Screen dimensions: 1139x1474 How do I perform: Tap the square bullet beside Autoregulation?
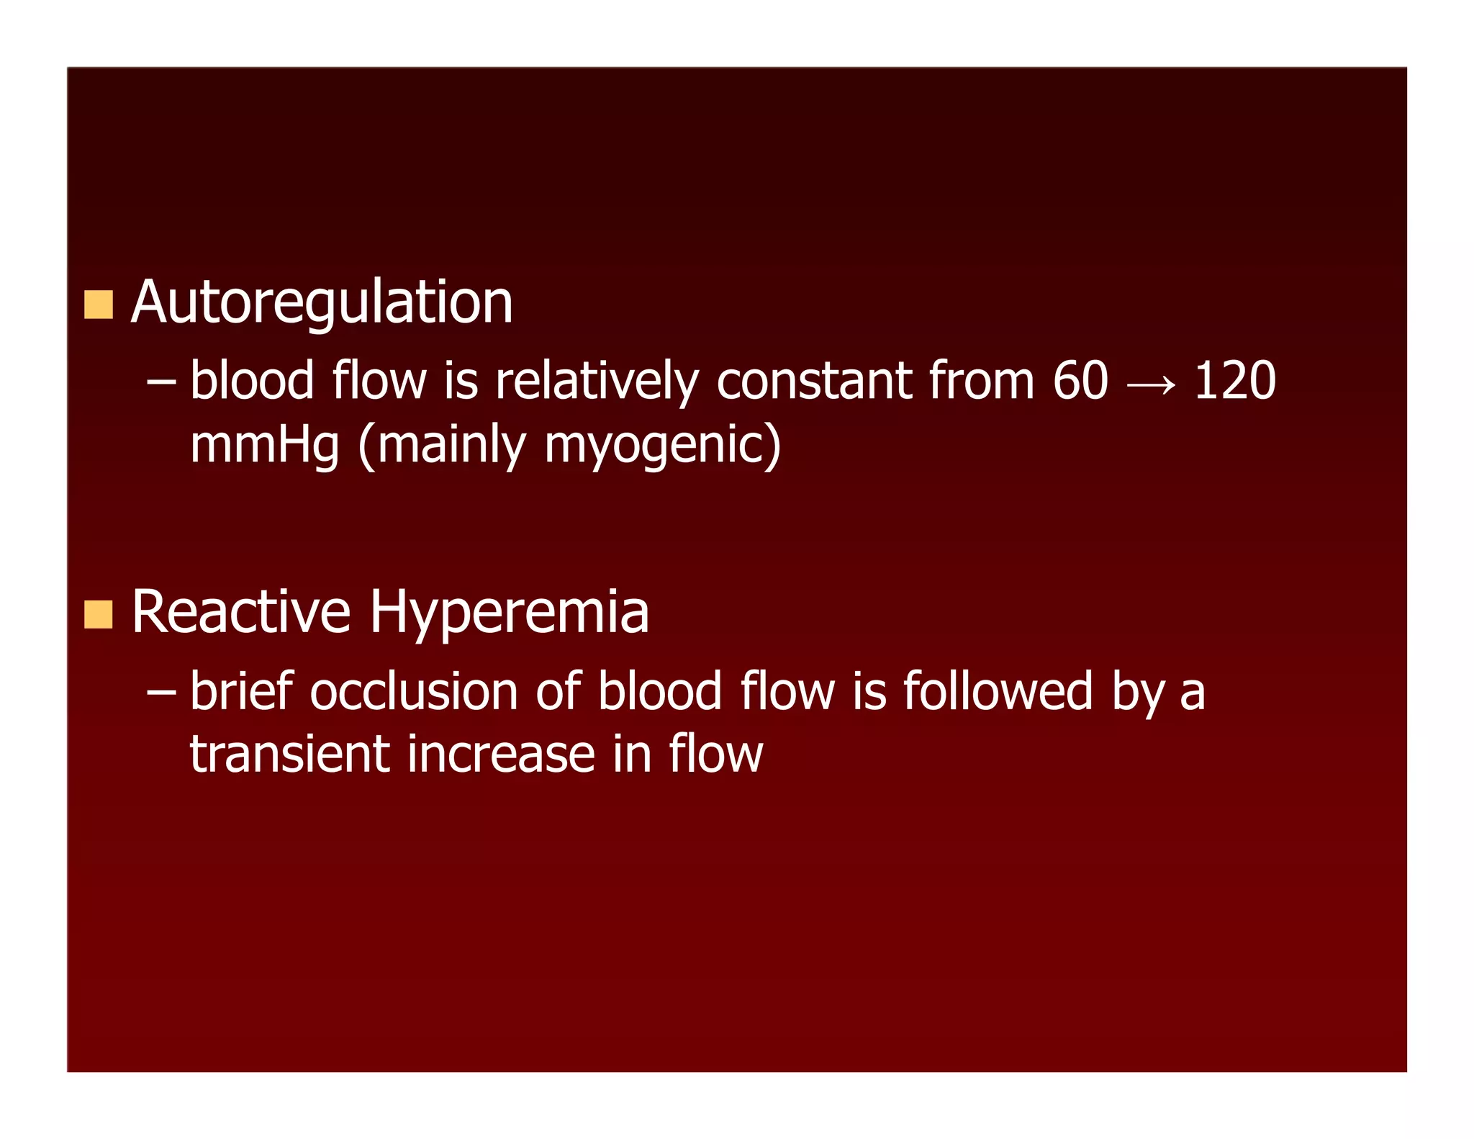click(x=99, y=305)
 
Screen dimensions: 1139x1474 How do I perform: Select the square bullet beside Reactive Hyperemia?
click(x=99, y=614)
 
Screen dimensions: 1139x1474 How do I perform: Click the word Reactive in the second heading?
click(x=241, y=613)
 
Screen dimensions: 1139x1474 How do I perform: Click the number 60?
click(x=1080, y=381)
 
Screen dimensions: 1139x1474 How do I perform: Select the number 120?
click(x=1234, y=381)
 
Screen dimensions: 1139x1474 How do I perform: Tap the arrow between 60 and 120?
click(x=1151, y=385)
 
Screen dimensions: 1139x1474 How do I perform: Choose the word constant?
click(x=814, y=381)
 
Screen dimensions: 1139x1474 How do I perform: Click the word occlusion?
click(x=414, y=692)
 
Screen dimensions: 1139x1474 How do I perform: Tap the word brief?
click(x=242, y=692)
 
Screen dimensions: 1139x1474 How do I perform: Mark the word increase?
click(x=501, y=755)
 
